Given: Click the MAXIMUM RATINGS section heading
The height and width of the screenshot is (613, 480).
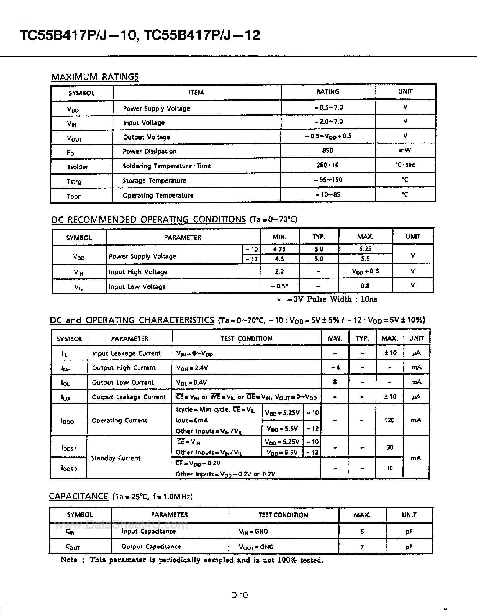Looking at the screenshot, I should tap(95, 77).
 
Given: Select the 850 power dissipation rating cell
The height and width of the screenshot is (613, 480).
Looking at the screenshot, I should tap(328, 150).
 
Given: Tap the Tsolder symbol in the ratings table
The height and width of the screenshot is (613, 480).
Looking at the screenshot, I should tap(78, 167).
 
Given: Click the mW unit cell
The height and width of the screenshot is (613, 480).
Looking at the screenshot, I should tap(405, 150).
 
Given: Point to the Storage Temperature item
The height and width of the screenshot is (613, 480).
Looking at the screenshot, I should tap(155, 181).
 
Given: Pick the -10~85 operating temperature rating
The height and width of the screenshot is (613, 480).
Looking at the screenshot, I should tap(328, 194).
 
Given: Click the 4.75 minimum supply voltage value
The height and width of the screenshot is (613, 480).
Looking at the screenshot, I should tap(279, 249).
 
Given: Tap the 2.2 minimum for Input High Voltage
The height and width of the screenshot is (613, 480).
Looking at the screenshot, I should tap(279, 271).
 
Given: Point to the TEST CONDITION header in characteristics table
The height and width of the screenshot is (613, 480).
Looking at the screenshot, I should tap(246, 338).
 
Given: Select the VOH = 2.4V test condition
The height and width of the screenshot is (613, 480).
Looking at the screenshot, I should tap(192, 368).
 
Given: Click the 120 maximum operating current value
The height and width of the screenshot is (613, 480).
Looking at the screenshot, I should tap(389, 420).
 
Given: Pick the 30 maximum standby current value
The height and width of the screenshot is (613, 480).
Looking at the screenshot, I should tap(390, 447).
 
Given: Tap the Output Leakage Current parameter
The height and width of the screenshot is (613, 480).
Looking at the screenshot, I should tap(129, 397).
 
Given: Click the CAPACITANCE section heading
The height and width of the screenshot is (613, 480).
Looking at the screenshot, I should tap(78, 496).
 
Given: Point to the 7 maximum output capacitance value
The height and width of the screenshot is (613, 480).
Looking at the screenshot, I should tap(362, 547).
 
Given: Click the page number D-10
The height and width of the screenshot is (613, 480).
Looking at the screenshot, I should tap(239, 595).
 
